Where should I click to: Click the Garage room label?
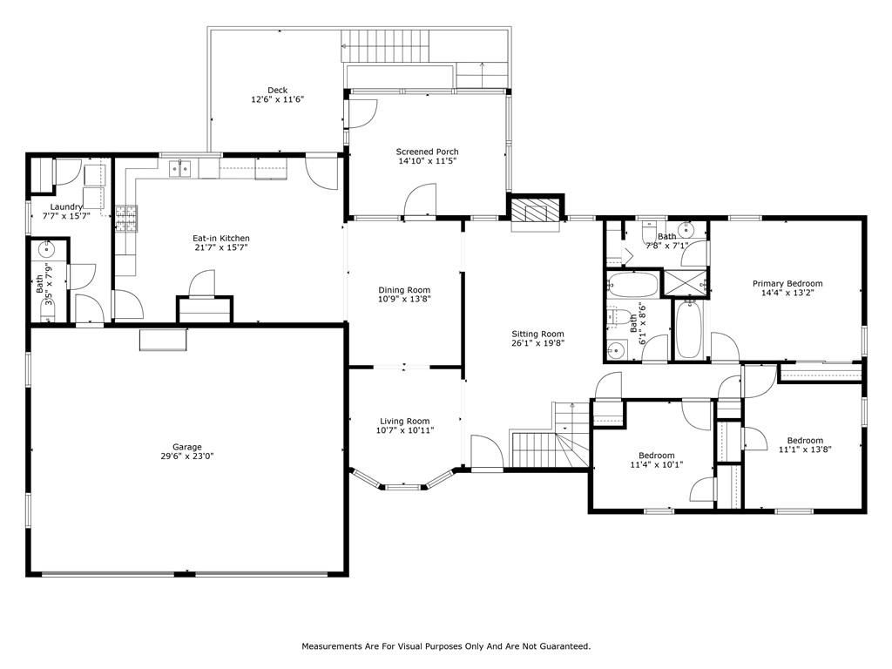(187, 447)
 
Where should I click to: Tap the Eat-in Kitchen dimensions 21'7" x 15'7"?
(220, 247)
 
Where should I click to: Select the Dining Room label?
(404, 290)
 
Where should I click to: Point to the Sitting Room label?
(537, 334)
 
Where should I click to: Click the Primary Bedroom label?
(787, 283)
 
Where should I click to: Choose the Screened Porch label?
(427, 152)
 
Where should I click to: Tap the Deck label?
(278, 90)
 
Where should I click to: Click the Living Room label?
(405, 422)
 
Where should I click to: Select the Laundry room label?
(66, 207)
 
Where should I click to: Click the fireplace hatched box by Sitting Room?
(535, 210)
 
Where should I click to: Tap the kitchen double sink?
(180, 169)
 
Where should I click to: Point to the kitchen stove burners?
(127, 219)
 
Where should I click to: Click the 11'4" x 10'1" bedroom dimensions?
(657, 464)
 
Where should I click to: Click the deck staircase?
(385, 46)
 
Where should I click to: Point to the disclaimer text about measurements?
(446, 646)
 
